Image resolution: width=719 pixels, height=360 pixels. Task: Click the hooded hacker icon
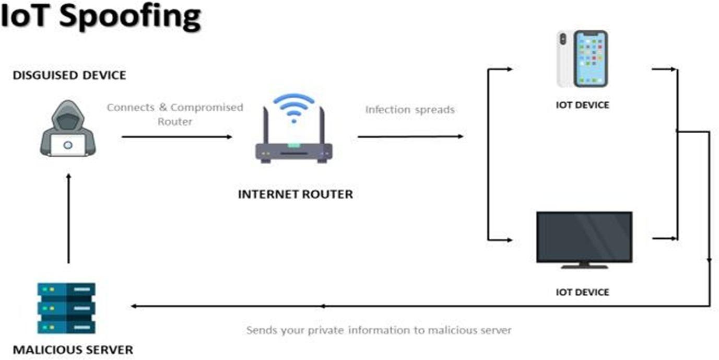[68, 128]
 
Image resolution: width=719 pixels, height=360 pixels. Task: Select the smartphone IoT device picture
[583, 59]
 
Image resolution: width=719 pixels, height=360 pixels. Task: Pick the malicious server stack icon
[66, 308]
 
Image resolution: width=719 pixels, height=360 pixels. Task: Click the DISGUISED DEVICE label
[69, 75]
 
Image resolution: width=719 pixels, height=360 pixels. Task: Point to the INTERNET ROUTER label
[296, 194]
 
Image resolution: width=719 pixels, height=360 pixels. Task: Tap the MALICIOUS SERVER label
[73, 349]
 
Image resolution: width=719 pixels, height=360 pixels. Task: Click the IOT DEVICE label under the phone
[582, 105]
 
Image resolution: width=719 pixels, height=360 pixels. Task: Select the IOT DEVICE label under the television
[582, 292]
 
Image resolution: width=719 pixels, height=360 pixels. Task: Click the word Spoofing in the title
[130, 16]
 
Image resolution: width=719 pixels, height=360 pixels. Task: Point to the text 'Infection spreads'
[410, 110]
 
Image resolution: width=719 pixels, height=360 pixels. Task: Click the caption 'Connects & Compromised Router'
[175, 114]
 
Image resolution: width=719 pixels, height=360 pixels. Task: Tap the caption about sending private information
[379, 330]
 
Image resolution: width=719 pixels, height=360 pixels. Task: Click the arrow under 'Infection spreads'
[410, 137]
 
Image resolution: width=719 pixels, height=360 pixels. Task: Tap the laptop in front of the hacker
[68, 146]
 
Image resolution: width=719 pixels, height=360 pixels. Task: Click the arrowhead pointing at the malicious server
[134, 306]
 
